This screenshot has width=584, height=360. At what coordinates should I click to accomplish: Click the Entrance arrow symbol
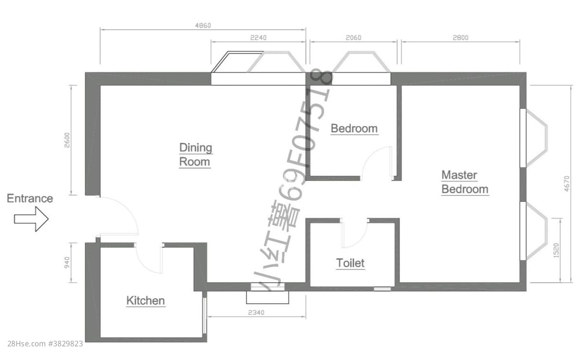[31, 219]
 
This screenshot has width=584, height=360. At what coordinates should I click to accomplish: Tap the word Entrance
[30, 198]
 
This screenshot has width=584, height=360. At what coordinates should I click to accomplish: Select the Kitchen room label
[146, 301]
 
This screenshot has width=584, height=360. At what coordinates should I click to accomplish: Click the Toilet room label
[350, 263]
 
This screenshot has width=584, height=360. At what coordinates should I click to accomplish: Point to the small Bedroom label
[354, 128]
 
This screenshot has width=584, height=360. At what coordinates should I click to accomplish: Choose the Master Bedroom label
[465, 182]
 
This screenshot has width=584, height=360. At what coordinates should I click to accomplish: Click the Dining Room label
[196, 155]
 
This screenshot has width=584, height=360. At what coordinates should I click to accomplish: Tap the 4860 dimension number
[203, 25]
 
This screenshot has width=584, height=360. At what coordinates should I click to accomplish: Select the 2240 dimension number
[258, 38]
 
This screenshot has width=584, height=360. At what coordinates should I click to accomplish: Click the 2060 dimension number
[353, 38]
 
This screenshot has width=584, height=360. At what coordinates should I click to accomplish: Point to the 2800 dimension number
[460, 38]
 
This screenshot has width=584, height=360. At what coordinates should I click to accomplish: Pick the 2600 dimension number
[67, 140]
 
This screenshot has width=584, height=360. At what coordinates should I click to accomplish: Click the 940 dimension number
[67, 263]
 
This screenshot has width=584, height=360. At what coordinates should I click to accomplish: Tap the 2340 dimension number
[256, 312]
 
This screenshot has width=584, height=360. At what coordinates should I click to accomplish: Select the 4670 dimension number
[567, 184]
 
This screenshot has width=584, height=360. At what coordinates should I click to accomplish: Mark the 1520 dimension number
[556, 251]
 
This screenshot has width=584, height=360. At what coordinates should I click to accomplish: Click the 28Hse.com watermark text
[45, 344]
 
